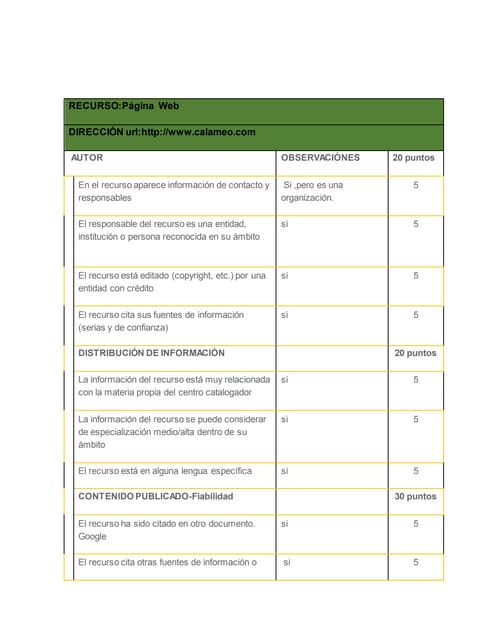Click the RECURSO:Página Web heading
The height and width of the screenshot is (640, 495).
pos(123,106)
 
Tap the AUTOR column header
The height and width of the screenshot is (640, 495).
pos(87,158)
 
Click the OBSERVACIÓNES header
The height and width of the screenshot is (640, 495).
pos(320,158)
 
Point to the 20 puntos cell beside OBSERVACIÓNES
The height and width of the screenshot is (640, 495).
pos(415,158)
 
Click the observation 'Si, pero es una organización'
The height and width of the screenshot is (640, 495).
pos(313,191)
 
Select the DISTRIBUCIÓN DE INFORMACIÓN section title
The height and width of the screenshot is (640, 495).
pos(151,353)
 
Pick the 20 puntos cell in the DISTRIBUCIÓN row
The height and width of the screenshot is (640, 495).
pos(415,353)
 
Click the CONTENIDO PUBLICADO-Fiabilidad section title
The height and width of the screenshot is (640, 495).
pos(163,496)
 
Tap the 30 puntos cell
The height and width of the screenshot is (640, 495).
pos(415,496)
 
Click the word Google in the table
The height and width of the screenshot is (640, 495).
pos(93,536)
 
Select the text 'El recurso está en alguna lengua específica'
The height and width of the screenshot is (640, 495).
pos(164,470)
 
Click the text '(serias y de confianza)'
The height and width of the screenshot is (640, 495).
pos(123,327)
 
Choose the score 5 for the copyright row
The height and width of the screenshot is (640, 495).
pos(415,275)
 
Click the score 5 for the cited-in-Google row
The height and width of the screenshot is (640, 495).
pos(415,523)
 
